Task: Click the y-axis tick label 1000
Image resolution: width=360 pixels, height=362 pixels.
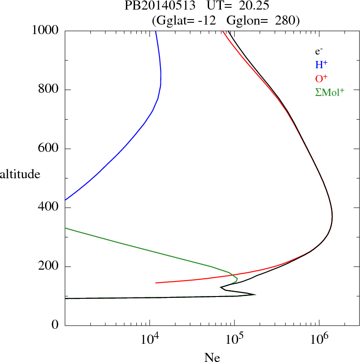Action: coord(45,30)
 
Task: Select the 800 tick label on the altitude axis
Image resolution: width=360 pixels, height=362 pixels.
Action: coord(49,90)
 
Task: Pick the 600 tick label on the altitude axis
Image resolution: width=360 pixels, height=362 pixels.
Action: coord(49,149)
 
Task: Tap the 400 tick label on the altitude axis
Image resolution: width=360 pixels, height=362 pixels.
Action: coord(49,208)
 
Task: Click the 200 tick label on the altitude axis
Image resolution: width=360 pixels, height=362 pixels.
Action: coord(49,266)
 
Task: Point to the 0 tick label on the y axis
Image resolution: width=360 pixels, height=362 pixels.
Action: coord(55,326)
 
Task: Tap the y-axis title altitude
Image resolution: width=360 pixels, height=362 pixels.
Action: coord(20,174)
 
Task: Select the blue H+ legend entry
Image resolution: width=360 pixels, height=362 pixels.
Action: coord(321,65)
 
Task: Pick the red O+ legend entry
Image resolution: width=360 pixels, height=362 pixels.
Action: coord(321,78)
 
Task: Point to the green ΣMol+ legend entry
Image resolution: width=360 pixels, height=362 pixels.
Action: coord(330,92)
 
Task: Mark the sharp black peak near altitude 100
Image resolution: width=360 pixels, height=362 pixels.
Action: coord(255,295)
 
